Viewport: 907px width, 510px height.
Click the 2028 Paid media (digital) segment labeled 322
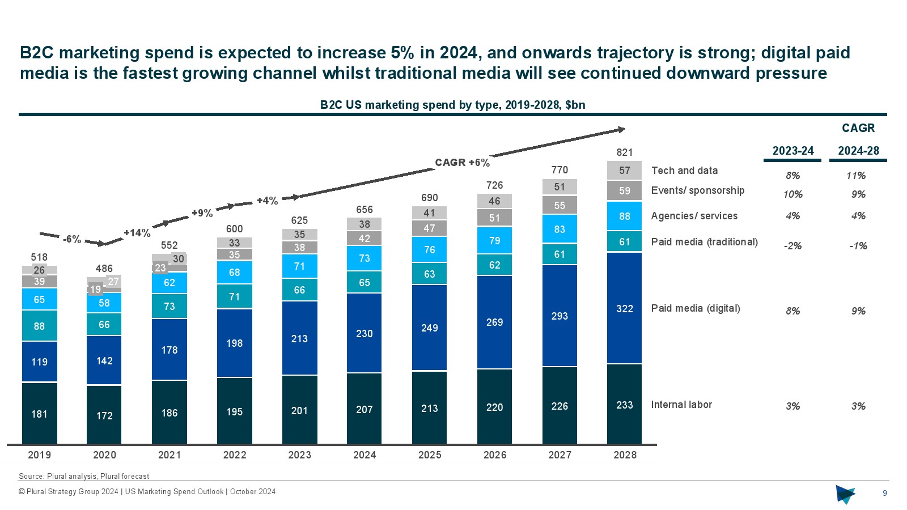[x=624, y=308]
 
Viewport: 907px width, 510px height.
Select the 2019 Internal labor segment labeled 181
[x=39, y=414]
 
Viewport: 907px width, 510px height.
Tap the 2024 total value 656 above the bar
[x=365, y=210]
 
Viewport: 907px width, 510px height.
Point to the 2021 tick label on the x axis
[x=169, y=455]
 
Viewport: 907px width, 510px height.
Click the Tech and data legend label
[x=684, y=171]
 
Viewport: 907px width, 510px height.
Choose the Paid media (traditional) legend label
[x=704, y=242]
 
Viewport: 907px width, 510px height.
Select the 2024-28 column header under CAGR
[x=858, y=151]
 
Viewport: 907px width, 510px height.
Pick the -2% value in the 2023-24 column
[x=792, y=246]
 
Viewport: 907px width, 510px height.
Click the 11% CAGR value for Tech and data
[x=856, y=176]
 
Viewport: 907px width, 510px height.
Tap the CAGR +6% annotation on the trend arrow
[x=462, y=163]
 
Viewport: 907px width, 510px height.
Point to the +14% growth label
[x=137, y=233]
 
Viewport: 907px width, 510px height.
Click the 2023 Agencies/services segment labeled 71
[x=299, y=266]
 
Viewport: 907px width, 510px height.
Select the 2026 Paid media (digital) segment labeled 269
[x=494, y=322]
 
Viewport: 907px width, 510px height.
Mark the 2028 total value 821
[x=624, y=152]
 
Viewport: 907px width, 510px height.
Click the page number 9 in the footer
[x=884, y=493]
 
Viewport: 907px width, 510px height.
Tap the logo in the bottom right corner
[x=845, y=494]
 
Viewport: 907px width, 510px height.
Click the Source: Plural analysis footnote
[x=84, y=477]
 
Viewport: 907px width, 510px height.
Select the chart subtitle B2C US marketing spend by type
[x=452, y=105]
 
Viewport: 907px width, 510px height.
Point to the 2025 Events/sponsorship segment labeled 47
[x=429, y=228]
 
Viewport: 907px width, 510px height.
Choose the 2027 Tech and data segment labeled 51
[x=560, y=187]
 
